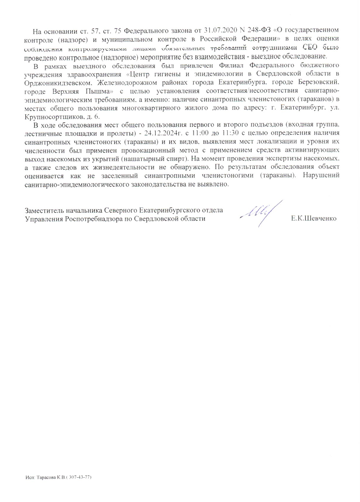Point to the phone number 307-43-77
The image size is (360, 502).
click(80, 478)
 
